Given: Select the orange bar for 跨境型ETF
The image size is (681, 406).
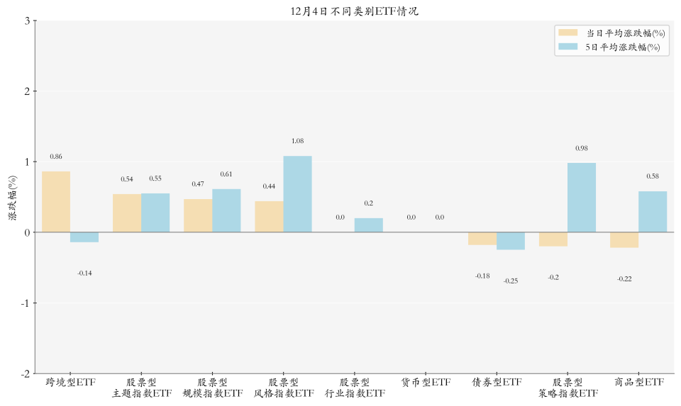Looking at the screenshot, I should point(56,202).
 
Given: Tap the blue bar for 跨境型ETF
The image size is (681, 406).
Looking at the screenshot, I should point(84,237).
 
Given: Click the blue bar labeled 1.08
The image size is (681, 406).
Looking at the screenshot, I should point(297,194).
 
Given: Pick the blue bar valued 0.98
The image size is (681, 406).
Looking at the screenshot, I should point(582,198).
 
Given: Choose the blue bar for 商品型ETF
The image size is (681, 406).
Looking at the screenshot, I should point(653,212).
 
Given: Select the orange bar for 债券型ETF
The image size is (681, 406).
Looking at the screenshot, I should point(482,239).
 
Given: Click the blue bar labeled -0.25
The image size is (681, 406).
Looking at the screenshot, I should point(511,241).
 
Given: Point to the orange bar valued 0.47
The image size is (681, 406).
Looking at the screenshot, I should point(198,215).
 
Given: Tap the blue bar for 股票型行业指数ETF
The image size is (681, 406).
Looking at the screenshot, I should point(368,225).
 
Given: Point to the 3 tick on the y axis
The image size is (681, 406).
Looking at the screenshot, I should point(26,21).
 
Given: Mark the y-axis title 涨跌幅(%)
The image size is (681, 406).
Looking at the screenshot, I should point(12,198).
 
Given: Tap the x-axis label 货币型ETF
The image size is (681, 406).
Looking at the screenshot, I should point(426,383).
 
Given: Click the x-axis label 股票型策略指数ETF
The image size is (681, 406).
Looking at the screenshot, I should point(567,388).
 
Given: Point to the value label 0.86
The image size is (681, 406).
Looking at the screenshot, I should point(56,157).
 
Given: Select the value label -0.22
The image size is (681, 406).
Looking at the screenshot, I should point(624,279).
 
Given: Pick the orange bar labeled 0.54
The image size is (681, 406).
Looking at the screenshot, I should point(127,213).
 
